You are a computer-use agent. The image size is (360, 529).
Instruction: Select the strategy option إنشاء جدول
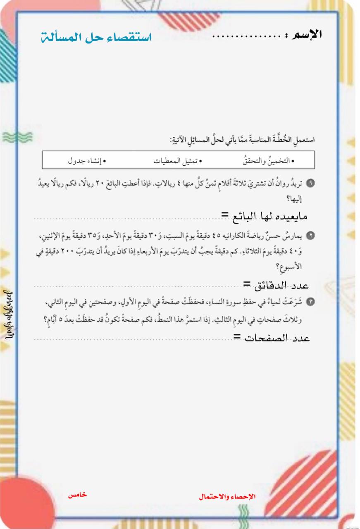[x=87, y=160]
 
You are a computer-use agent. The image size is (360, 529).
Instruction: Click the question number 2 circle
[x=311, y=236]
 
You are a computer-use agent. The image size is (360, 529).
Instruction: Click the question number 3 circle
[x=311, y=303]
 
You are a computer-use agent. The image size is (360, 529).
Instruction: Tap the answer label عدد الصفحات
[x=277, y=338]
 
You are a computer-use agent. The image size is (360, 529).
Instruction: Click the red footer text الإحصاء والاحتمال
[x=227, y=496]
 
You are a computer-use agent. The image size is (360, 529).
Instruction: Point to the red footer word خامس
[x=78, y=495]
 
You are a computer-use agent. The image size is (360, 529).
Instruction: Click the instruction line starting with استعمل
[x=242, y=140]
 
